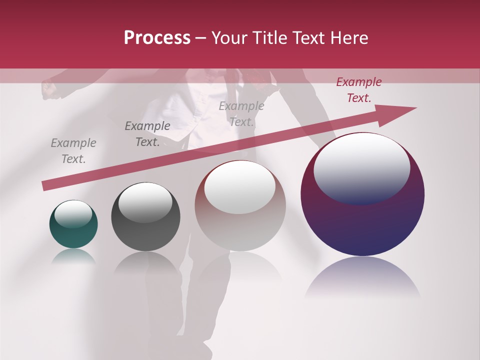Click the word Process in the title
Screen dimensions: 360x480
coord(157,38)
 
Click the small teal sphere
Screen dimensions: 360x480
coord(73,232)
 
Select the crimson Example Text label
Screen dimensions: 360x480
coord(359,90)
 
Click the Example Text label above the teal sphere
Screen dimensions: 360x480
coord(73,151)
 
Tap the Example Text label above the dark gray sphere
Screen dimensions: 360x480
coord(147,134)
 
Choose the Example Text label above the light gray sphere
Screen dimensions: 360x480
coord(241,113)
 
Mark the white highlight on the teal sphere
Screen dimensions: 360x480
coord(73,214)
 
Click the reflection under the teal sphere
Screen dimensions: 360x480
coord(73,256)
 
